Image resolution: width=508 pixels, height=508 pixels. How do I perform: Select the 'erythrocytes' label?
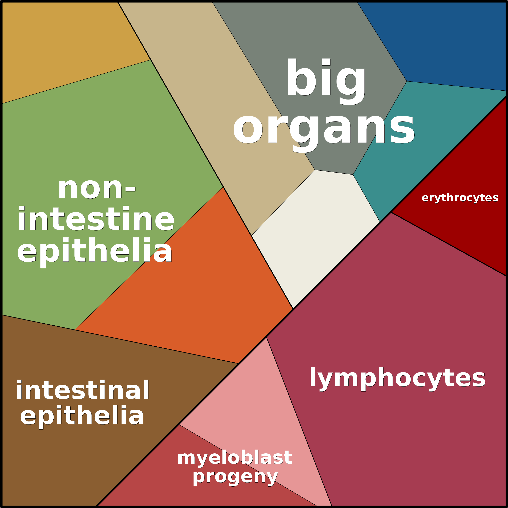click(x=460, y=198)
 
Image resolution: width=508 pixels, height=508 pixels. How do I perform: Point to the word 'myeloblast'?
click(x=235, y=458)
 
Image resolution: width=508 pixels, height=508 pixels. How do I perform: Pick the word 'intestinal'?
click(x=83, y=391)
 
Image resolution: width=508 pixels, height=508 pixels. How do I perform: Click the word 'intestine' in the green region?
click(x=96, y=219)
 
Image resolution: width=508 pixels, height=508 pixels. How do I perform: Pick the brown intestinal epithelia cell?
click(x=66, y=460)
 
